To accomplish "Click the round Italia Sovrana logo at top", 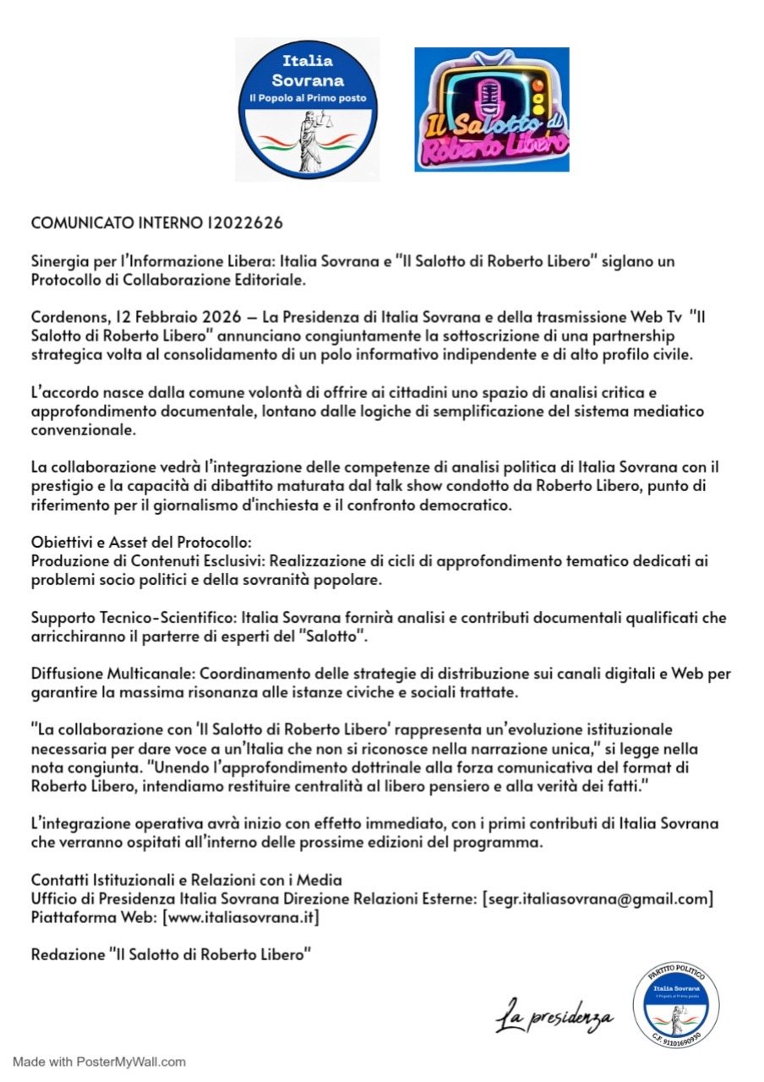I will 307,109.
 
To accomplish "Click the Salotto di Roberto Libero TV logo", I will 491,110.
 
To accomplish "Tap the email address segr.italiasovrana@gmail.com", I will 598,899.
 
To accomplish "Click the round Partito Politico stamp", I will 675,1007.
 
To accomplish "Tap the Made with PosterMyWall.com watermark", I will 99,1061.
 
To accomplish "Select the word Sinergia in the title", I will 59,261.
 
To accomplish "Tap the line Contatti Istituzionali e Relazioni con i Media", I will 186,881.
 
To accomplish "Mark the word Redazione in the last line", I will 66,954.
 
